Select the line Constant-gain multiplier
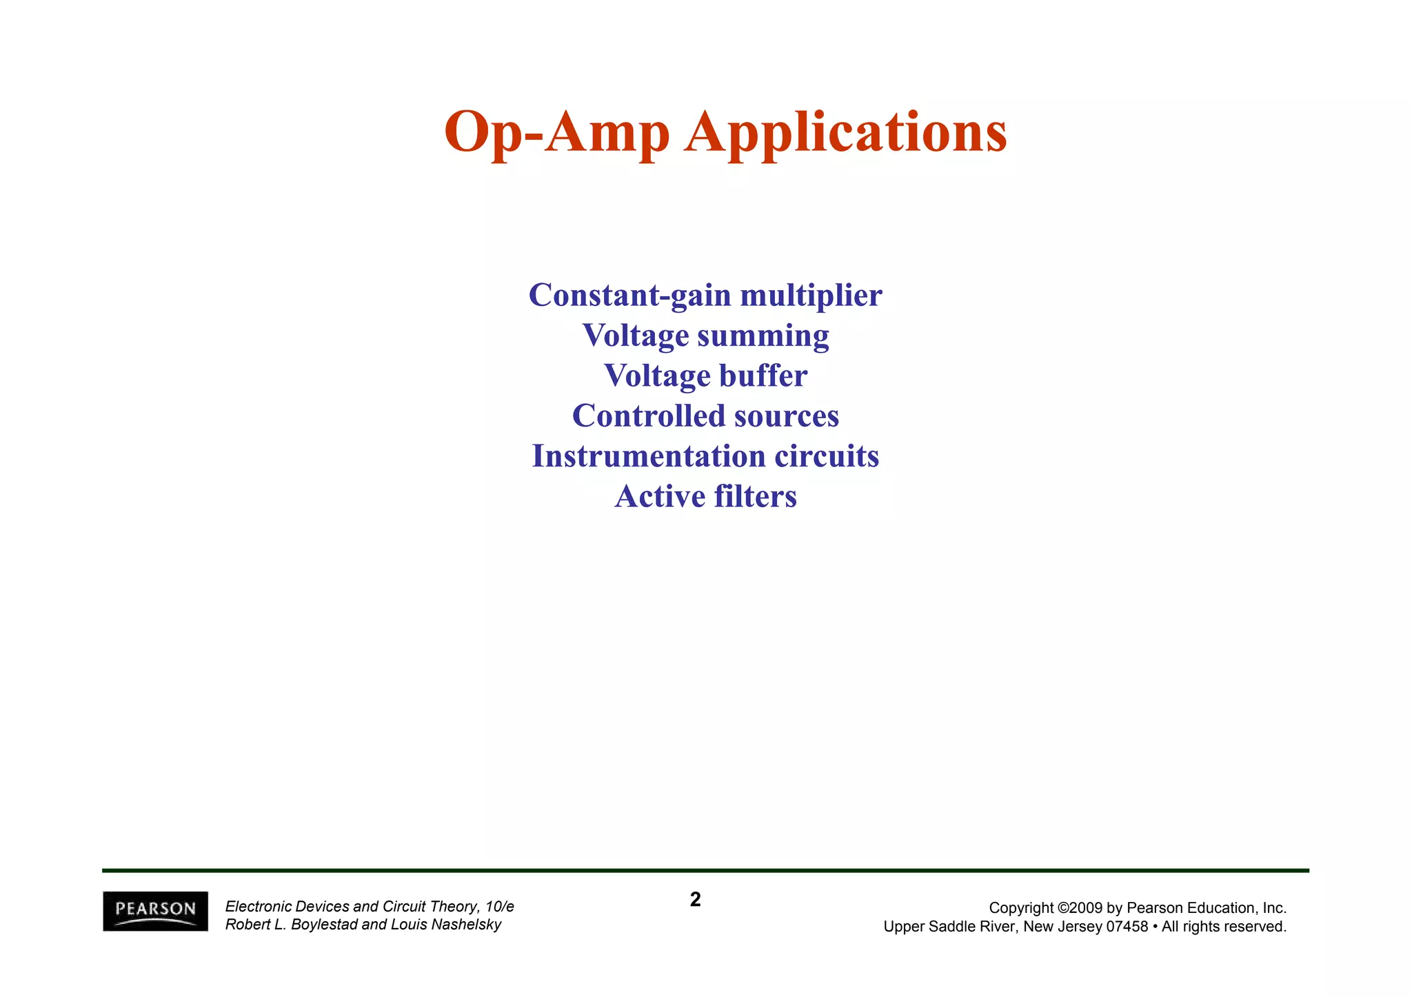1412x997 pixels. click(705, 296)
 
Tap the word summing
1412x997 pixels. click(763, 336)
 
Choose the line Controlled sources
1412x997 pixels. click(705, 416)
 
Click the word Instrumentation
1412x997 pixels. click(648, 456)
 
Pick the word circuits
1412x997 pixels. click(827, 456)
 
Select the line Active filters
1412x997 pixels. click(705, 497)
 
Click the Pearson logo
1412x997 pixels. click(155, 911)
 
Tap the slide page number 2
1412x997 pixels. click(695, 900)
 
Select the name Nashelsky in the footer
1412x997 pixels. click(466, 925)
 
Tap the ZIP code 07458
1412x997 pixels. click(1127, 927)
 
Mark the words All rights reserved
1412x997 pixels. click(1224, 927)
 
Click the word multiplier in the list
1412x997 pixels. click(811, 296)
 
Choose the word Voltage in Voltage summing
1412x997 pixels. click(636, 336)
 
